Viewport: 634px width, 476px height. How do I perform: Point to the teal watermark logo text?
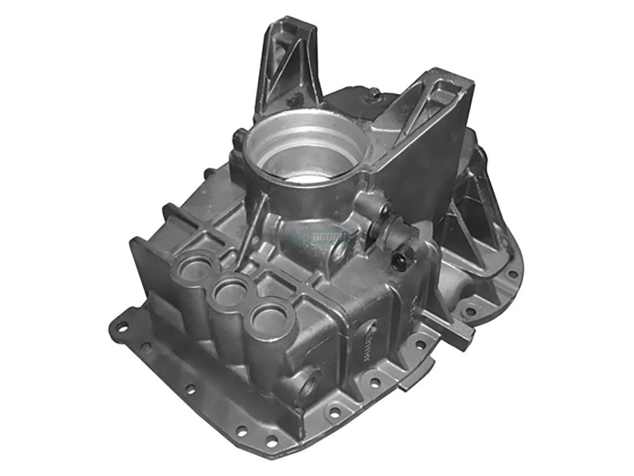click(317, 236)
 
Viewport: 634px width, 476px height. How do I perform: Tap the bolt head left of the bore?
click(239, 139)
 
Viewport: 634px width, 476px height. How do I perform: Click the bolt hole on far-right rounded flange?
click(511, 274)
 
